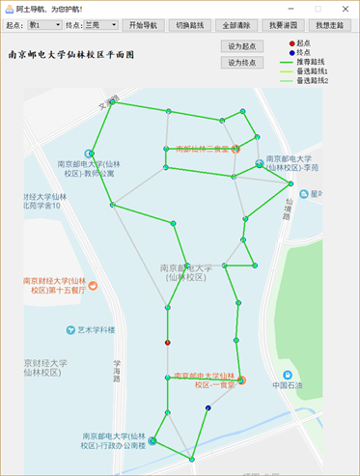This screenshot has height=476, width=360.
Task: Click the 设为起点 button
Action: click(242, 45)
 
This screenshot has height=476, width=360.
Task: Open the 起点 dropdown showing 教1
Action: click(44, 24)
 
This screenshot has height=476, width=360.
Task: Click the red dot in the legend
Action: click(292, 43)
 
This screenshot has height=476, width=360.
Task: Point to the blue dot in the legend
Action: click(292, 52)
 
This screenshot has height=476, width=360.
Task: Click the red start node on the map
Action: click(168, 343)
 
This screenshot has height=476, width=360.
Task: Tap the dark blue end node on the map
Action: click(208, 408)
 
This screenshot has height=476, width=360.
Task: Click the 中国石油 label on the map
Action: click(288, 386)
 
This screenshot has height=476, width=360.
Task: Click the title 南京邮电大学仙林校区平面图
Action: click(70, 56)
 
